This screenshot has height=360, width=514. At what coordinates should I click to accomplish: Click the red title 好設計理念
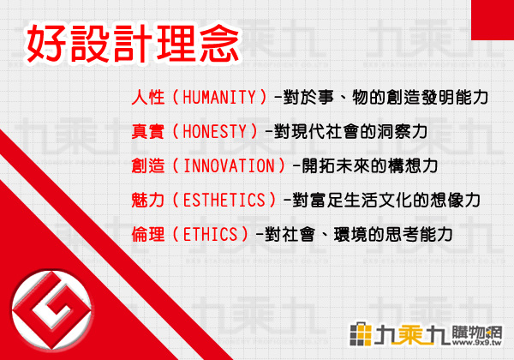tap(133, 44)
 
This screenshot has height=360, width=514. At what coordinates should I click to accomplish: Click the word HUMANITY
tap(219, 97)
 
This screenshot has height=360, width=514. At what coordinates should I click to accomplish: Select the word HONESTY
tap(214, 131)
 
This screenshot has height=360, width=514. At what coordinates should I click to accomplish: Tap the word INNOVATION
tap(229, 165)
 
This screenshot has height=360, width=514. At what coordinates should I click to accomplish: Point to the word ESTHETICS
tap(224, 200)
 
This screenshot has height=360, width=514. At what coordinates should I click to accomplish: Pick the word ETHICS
tap(210, 234)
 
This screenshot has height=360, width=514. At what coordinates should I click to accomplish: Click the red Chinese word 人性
tap(148, 97)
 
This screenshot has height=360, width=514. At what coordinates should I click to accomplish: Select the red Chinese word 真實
tap(148, 131)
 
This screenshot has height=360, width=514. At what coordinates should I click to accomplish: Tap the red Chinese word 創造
tap(148, 165)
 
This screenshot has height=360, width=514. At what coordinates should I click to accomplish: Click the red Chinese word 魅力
tap(148, 200)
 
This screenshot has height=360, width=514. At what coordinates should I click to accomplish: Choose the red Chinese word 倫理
tap(148, 234)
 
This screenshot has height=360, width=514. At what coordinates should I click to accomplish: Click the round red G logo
tap(51, 309)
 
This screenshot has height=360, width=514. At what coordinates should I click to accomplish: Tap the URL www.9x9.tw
tap(477, 343)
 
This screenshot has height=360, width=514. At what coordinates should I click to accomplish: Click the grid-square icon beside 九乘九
tap(361, 334)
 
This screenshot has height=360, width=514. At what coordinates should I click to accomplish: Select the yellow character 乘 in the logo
tap(413, 334)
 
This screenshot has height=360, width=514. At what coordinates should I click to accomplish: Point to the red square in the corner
tap(493, 20)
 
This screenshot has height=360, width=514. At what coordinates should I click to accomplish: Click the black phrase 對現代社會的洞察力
tap(350, 131)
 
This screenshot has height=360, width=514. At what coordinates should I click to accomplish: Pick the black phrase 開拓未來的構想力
tap(370, 165)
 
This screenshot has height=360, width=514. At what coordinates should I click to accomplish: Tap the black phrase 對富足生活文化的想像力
tap(386, 200)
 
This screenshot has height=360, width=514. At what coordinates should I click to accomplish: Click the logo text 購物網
tap(477, 332)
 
